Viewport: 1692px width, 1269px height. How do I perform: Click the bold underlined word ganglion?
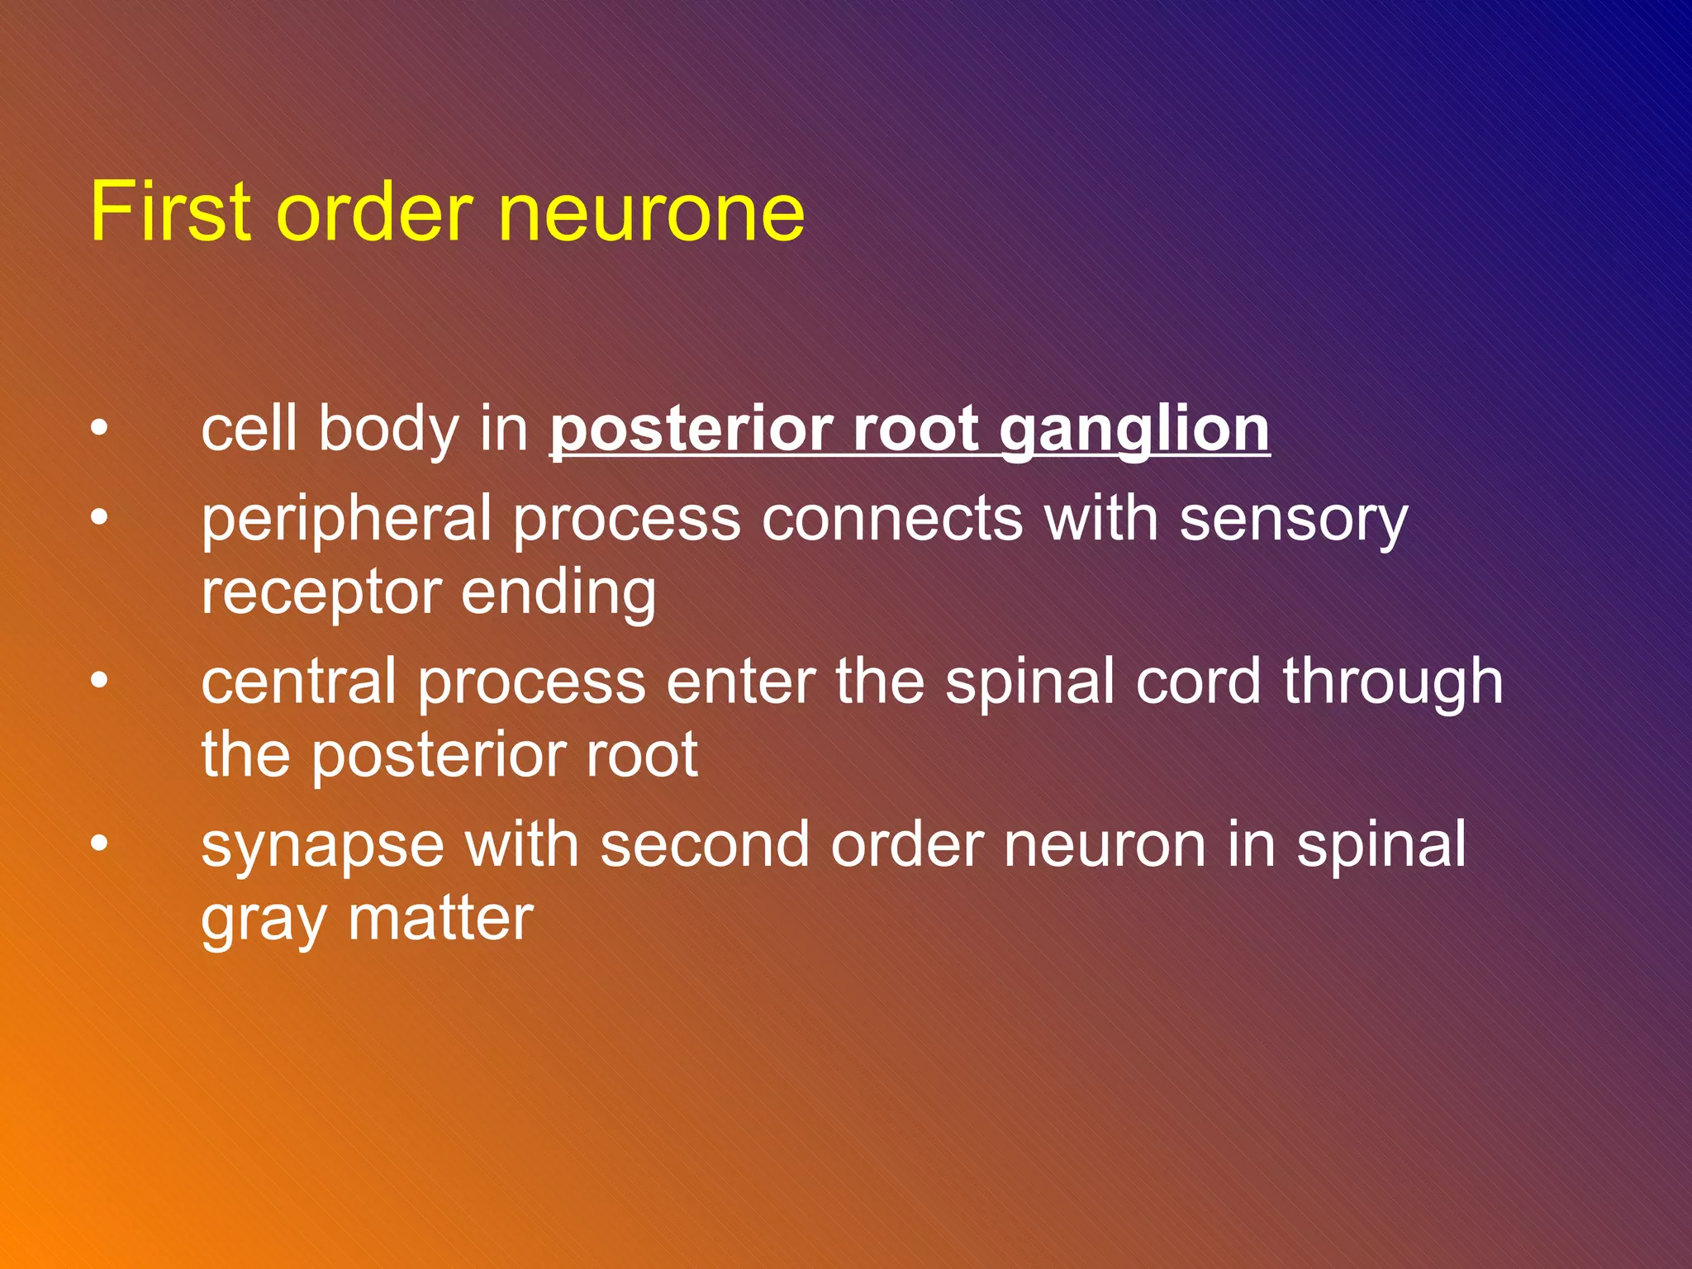[1134, 431]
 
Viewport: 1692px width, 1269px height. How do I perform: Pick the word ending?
[558, 593]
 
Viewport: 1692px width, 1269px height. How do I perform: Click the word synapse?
[322, 846]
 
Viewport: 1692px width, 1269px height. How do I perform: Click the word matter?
[440, 919]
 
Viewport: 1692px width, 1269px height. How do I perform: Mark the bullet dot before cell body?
[99, 429]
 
